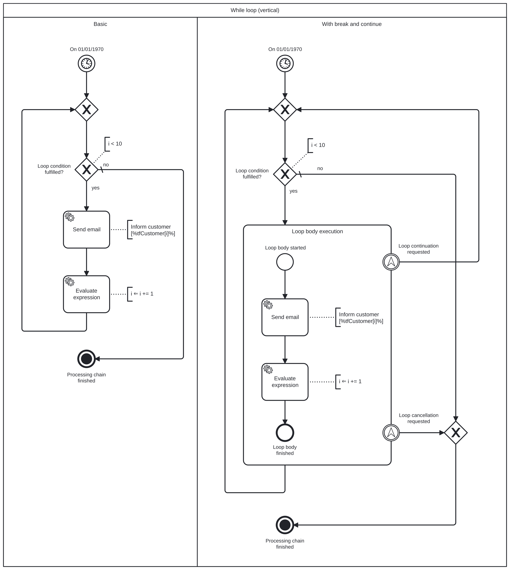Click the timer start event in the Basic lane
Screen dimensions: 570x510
click(x=86, y=63)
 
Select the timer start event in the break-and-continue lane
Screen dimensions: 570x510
click(x=285, y=63)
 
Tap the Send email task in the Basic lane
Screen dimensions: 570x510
click(x=86, y=230)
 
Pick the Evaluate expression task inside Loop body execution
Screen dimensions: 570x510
click(x=285, y=382)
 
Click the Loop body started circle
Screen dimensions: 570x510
click(x=285, y=262)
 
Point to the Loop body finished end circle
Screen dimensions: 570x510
click(x=285, y=433)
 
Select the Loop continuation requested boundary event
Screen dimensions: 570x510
click(x=391, y=262)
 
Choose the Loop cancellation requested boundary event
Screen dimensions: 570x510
click(x=391, y=433)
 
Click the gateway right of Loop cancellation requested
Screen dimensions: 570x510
click(x=456, y=433)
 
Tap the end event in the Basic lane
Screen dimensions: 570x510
click(x=86, y=359)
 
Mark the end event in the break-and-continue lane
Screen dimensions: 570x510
click(x=285, y=525)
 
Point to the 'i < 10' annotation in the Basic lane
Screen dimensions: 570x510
click(x=115, y=144)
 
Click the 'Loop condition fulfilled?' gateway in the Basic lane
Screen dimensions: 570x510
click(x=86, y=170)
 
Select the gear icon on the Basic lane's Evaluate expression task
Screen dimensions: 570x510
click(x=69, y=281)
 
